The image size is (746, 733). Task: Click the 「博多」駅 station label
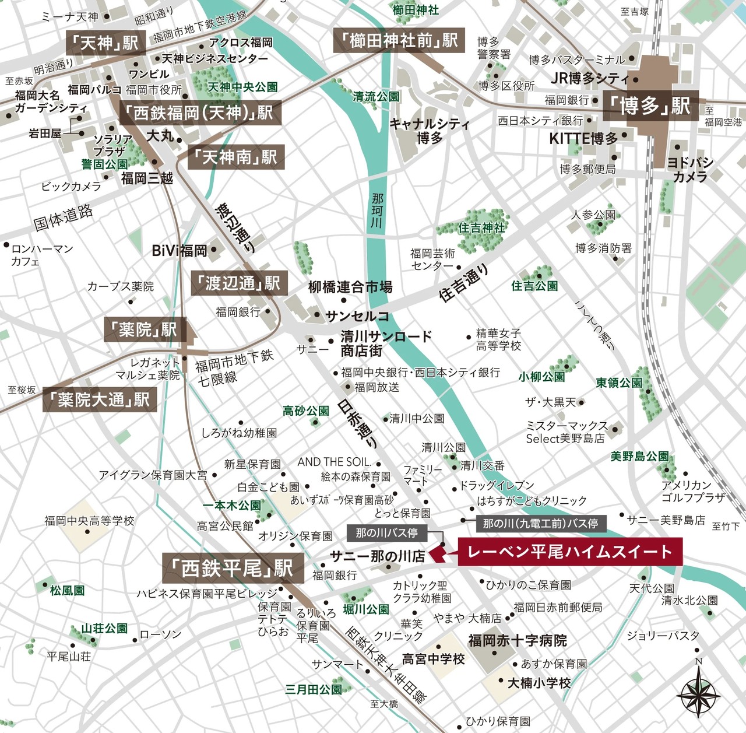click(x=650, y=106)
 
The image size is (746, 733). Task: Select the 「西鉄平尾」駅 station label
click(x=233, y=568)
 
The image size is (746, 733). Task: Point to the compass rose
click(x=698, y=691)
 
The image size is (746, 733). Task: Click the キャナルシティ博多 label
click(x=429, y=131)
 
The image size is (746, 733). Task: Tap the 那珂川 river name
click(x=377, y=211)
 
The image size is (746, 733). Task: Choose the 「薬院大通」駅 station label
click(x=100, y=399)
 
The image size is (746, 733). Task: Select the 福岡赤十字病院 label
click(x=517, y=641)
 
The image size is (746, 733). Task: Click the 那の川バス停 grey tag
click(x=386, y=532)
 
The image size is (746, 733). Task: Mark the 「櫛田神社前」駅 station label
click(x=399, y=40)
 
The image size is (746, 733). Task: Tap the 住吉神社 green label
click(x=481, y=227)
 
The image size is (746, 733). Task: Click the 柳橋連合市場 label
click(x=350, y=287)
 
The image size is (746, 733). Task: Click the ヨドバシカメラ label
click(x=690, y=169)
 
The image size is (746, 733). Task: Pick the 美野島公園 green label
click(x=639, y=456)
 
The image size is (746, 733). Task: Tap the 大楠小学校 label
click(x=539, y=682)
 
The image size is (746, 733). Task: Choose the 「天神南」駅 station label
click(x=235, y=157)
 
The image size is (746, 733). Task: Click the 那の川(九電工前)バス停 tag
click(x=540, y=523)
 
